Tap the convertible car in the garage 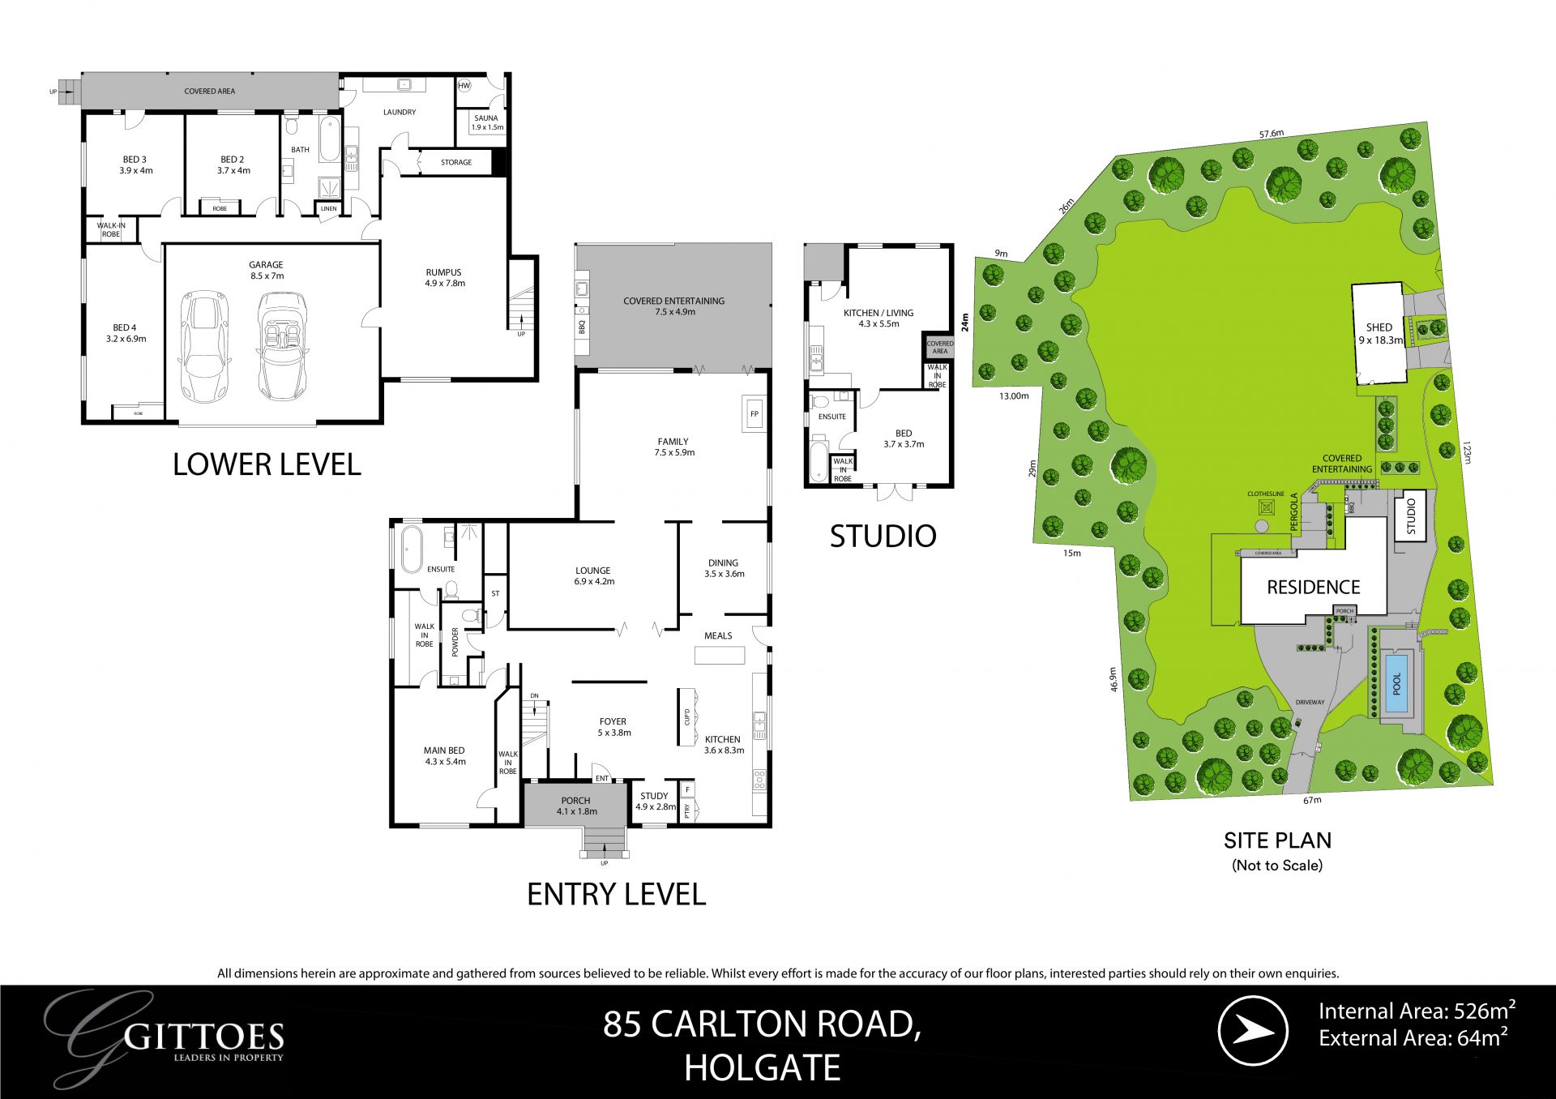(x=282, y=346)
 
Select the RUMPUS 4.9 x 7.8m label (x=444, y=278)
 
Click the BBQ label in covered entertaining (x=582, y=327)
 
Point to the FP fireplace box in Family (x=754, y=414)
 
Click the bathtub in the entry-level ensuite (x=412, y=549)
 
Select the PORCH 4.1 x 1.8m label (x=575, y=806)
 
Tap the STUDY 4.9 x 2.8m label (x=655, y=801)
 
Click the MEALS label (x=718, y=635)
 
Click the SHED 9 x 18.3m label (x=1379, y=333)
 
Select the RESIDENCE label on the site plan (x=1313, y=587)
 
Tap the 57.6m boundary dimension (x=1272, y=134)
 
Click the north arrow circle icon (x=1253, y=1031)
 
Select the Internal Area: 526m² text (x=1416, y=1011)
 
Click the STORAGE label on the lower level (x=456, y=162)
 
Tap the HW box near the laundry (x=464, y=85)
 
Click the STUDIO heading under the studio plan (x=883, y=536)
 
